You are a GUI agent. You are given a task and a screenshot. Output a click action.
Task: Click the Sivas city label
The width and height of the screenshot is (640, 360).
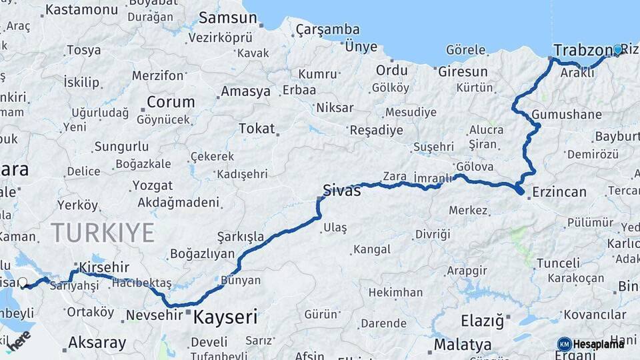coord(341,191)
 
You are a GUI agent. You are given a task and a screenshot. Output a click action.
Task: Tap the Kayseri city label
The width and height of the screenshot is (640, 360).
coord(225,317)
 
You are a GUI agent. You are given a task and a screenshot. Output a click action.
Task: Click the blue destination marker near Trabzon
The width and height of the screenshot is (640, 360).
coord(617,50)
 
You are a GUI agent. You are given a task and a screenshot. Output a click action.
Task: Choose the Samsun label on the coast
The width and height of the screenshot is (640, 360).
coord(227,17)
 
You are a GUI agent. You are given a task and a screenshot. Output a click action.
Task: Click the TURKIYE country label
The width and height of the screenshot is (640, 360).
coord(103,233)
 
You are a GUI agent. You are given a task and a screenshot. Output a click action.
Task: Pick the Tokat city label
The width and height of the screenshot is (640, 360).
coord(256,128)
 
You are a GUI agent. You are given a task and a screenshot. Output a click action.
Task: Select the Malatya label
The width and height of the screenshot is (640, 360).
coord(463,345)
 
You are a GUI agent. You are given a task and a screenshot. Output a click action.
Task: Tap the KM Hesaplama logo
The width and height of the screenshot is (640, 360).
coord(591,343)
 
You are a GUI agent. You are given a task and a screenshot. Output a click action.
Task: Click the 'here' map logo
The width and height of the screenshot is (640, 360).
coord(18,340)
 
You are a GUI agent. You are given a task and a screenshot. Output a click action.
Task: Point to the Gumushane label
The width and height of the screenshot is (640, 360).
coord(567,115)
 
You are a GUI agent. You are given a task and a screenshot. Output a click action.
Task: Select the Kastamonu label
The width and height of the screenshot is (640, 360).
coord(81,9)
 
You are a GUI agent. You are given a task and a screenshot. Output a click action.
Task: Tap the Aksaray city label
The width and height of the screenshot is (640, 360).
coord(97,343)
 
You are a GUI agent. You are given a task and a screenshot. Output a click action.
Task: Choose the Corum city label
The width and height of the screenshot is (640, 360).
coord(171,102)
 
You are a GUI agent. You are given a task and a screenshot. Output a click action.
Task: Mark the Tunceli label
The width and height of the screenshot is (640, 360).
coord(558,263)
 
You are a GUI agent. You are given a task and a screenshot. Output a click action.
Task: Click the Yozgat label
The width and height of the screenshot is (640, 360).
coord(152,185)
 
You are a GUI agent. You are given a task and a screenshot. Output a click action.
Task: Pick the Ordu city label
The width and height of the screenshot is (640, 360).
coord(391,71)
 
